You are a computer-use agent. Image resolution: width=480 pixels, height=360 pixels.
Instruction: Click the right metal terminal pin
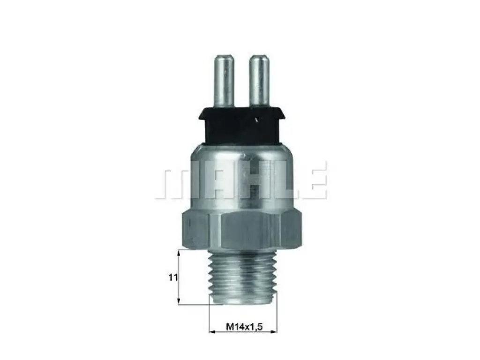point(259,80)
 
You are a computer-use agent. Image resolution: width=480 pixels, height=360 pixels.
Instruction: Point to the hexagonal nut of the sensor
point(242,230)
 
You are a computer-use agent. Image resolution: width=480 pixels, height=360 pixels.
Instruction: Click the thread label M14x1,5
point(244,327)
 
